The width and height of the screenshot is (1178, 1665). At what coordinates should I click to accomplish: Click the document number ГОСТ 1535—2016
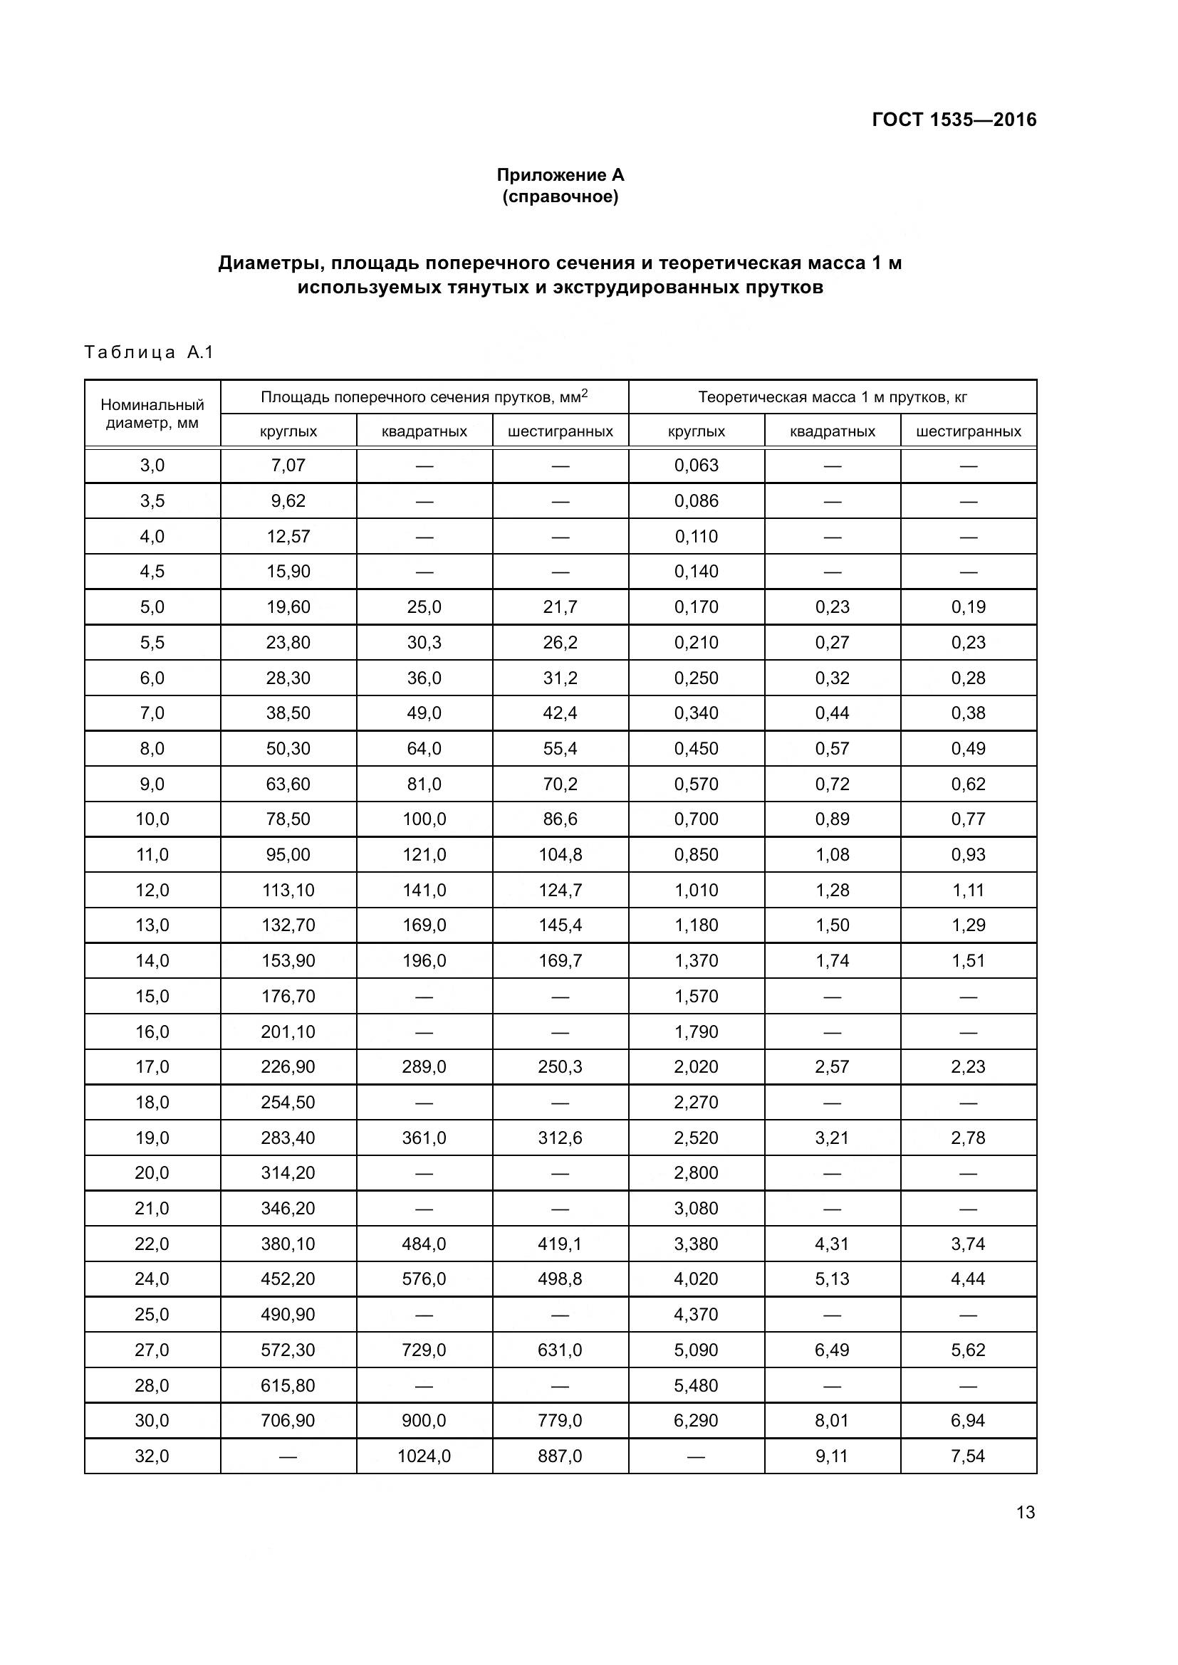click(953, 120)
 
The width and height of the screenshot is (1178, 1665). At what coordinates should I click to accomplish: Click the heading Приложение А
click(560, 175)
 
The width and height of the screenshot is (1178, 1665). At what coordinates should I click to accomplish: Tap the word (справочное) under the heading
click(560, 196)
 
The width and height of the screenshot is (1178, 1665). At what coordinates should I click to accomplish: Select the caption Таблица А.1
click(150, 352)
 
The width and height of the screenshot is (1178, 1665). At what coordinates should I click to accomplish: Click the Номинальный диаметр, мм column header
click(152, 414)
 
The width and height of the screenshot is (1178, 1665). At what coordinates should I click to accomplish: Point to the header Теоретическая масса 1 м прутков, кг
click(832, 396)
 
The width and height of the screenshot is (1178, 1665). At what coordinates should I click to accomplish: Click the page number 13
click(1025, 1512)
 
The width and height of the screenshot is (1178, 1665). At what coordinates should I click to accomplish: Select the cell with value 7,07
click(288, 466)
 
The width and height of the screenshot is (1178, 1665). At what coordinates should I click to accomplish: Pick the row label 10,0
click(152, 819)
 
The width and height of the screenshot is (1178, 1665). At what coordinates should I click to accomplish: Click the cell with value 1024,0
click(424, 1456)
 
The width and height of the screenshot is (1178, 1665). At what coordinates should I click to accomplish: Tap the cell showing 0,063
click(696, 466)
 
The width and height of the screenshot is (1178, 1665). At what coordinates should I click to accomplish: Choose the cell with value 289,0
click(424, 1067)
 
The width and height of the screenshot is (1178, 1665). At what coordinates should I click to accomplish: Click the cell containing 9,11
click(831, 1456)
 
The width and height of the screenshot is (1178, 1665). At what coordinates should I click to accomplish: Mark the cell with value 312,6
click(560, 1138)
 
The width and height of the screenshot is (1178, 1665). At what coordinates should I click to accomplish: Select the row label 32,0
click(152, 1456)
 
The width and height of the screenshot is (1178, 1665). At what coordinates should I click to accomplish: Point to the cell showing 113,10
click(288, 890)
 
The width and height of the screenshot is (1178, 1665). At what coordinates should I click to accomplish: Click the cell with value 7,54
click(968, 1456)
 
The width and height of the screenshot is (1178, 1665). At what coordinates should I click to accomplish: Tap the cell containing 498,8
click(560, 1278)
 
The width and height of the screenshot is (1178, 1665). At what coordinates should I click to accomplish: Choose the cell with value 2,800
click(696, 1172)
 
